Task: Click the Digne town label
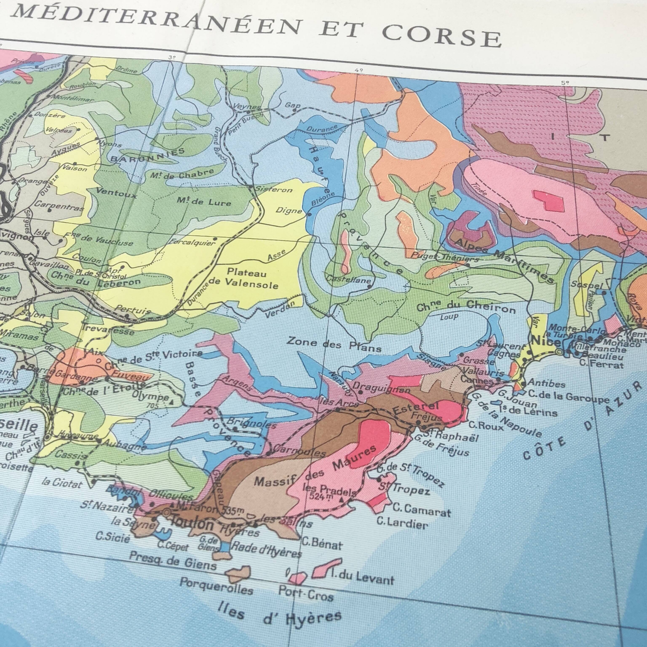(x=289, y=211)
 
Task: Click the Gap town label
(x=292, y=106)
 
